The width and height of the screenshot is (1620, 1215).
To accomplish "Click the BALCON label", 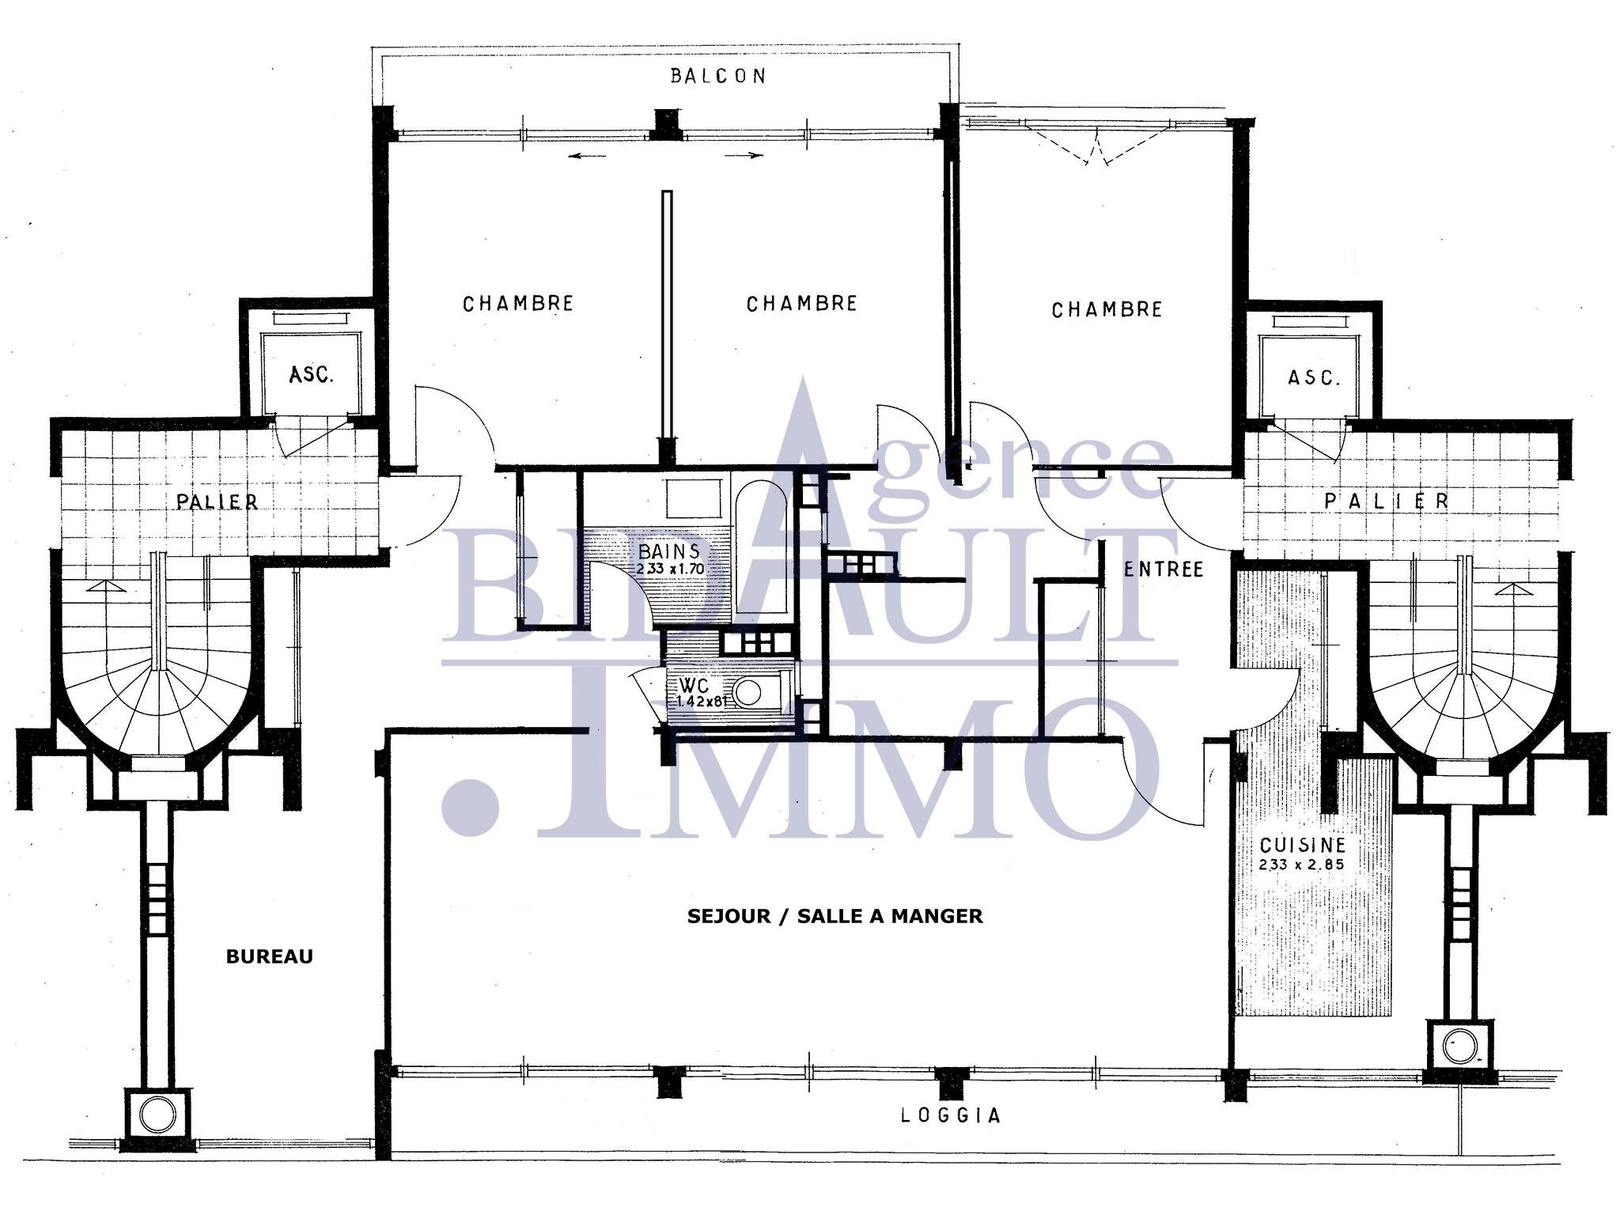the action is pos(717,76).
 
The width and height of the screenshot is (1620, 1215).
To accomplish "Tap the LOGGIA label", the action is pos(951,1115).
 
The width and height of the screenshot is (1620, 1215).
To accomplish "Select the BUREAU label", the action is pos(270,956).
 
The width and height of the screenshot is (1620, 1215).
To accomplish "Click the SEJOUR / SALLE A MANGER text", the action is pos(835,916).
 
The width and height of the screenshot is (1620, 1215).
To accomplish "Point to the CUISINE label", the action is pos(1302,845).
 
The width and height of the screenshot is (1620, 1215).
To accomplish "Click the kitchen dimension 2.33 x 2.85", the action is pos(1301,865).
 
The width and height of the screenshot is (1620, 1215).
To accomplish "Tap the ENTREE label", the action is pos(1164,569).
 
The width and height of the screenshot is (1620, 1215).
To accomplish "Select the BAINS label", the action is pos(669,551).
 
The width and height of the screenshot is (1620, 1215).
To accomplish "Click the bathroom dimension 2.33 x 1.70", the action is pos(670,568).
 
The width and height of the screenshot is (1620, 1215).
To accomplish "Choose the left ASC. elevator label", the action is pos(312,374).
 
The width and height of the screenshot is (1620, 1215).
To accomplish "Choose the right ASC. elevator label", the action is pos(1314,377).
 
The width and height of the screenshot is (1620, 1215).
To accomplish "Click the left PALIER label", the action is pos(217,502).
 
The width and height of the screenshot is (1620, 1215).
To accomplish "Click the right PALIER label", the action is pos(1386,501).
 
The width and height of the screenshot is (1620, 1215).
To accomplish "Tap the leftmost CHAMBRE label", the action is pos(518,304).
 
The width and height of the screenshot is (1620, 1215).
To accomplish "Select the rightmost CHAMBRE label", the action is pos(1107,309).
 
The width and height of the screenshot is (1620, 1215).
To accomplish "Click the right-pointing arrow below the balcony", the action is pos(744,156).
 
